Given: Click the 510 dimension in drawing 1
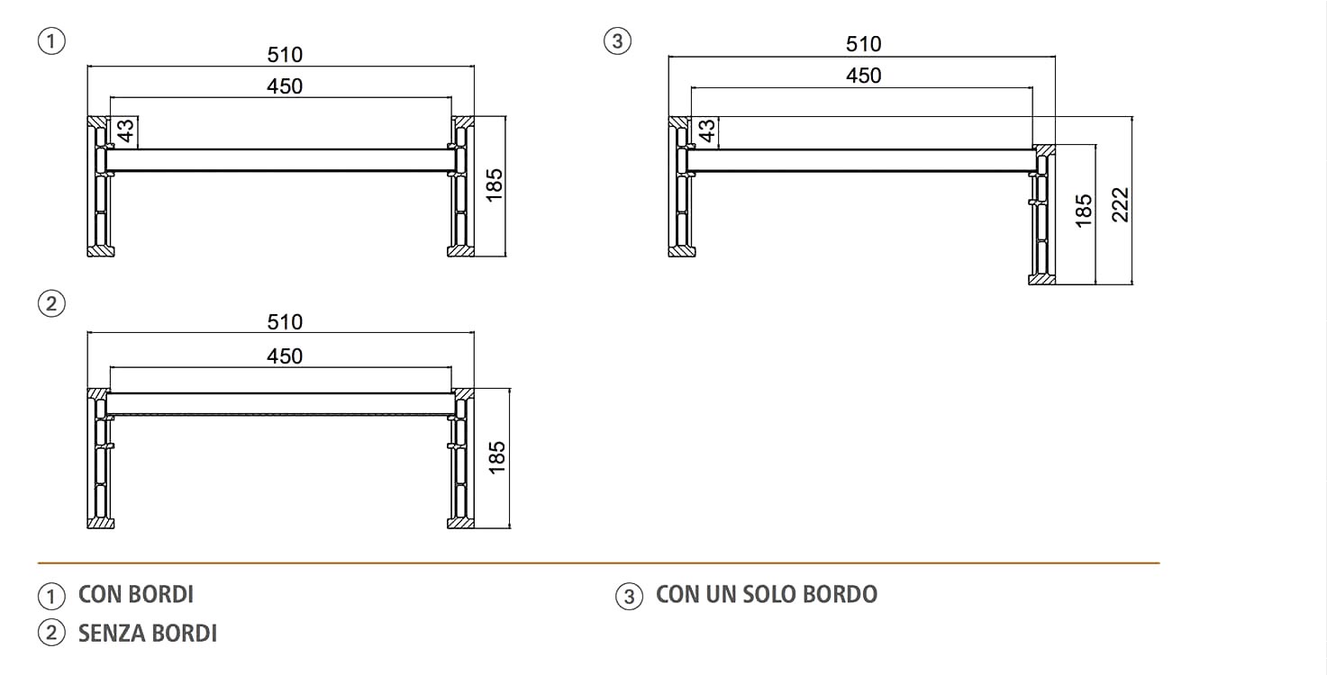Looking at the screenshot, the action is coord(285,55).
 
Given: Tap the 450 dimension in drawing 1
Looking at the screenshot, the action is coord(285,87).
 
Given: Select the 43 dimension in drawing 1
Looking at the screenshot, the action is coord(125,131).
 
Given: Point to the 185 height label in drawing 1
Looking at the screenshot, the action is coord(494,185).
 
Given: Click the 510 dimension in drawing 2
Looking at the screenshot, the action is coord(285,322).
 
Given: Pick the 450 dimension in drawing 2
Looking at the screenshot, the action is coord(285,356).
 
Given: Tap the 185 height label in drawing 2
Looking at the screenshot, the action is coord(497,457).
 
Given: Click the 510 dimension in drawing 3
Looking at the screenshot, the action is coord(864,44).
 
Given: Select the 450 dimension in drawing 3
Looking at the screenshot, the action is coord(864,76).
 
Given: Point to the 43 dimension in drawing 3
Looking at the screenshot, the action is coord(707,131).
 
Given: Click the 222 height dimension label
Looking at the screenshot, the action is coord(1121,204).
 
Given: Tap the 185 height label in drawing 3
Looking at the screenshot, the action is coord(1084,211).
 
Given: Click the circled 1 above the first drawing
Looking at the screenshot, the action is coord(51,41).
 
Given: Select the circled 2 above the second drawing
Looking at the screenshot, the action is coord(51,303).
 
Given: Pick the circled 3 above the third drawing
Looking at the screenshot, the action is coord(617,41).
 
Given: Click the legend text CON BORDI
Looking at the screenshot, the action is coord(136,595).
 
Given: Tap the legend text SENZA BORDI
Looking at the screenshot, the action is coord(148,634).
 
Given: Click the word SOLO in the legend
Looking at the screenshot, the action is coord(768,595).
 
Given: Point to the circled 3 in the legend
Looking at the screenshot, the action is coord(629,597).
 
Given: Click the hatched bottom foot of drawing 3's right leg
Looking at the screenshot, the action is coord(1041,279).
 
